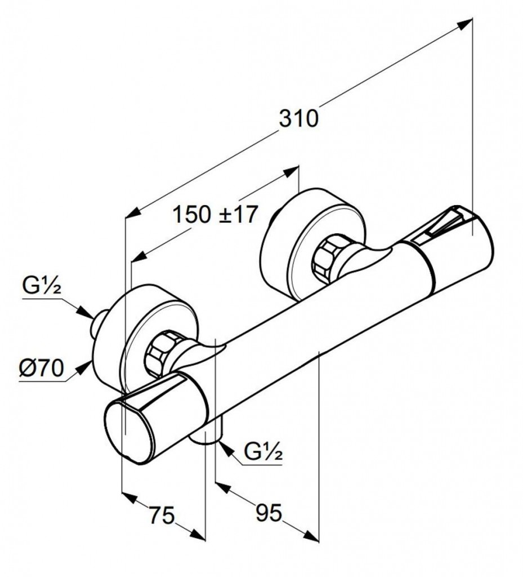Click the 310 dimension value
298,119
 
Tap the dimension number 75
162,514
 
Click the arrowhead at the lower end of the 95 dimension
311,534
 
